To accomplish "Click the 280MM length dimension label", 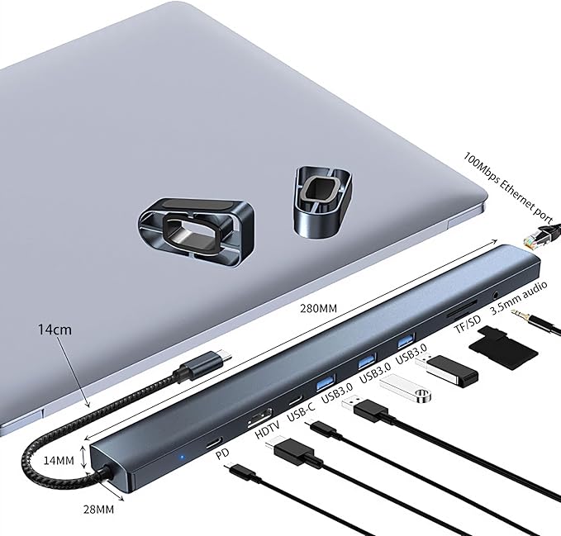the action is click(318, 307).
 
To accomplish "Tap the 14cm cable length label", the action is click(55, 330).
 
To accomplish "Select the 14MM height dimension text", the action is click(59, 460).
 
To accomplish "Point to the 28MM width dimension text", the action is click(99, 509).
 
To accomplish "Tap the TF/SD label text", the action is click(468, 325).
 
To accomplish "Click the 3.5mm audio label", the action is click(518, 297).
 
